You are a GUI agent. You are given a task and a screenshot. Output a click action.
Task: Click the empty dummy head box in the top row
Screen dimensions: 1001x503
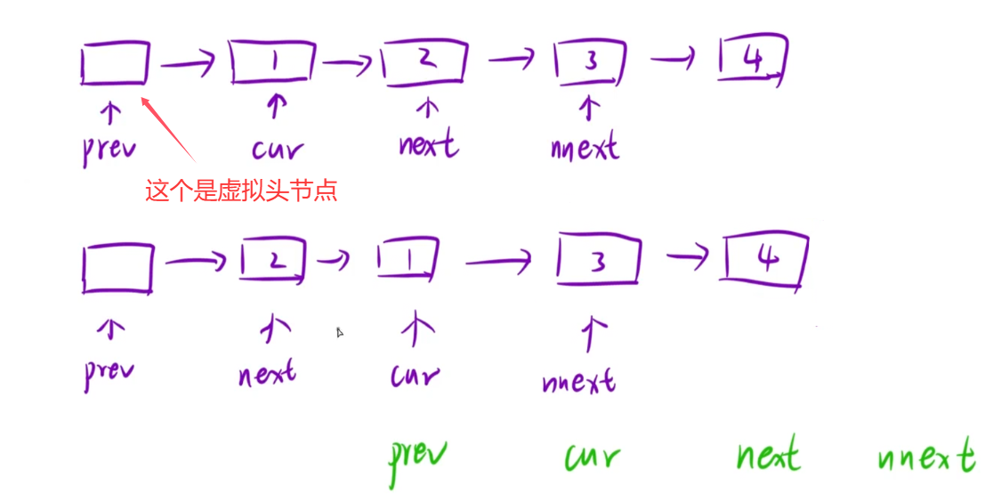115,62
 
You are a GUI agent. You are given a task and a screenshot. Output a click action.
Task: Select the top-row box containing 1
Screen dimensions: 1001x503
272,61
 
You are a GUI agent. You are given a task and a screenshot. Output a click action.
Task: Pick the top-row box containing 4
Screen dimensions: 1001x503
753,61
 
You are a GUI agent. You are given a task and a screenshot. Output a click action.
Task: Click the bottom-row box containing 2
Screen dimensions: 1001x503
273,260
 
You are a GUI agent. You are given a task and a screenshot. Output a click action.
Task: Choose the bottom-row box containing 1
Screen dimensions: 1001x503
408,261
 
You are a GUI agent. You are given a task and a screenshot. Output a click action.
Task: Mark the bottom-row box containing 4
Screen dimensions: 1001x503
767,260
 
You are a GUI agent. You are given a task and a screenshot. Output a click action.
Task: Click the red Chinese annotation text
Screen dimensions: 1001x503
241,191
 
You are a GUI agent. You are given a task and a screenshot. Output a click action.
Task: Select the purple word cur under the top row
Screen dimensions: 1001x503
277,149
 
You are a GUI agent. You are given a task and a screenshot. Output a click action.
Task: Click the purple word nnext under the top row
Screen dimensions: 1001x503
585,146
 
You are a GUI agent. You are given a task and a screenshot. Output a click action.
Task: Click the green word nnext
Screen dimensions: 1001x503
925,458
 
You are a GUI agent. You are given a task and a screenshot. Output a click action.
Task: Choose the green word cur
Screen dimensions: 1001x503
592,458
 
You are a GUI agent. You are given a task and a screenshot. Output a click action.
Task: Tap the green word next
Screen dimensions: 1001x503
767,456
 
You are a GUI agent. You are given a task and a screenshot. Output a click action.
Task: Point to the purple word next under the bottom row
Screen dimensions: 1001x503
267,374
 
